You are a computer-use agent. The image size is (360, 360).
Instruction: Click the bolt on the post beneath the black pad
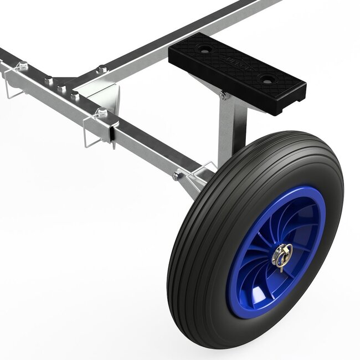pyautogui.click(x=223, y=96)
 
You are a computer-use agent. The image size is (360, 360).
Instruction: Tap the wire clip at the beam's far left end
pyautogui.click(x=14, y=83)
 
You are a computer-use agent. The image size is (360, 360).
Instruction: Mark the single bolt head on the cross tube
pyautogui.click(x=101, y=69)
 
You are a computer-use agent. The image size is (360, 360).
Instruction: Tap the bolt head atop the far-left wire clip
pyautogui.click(x=23, y=66)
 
